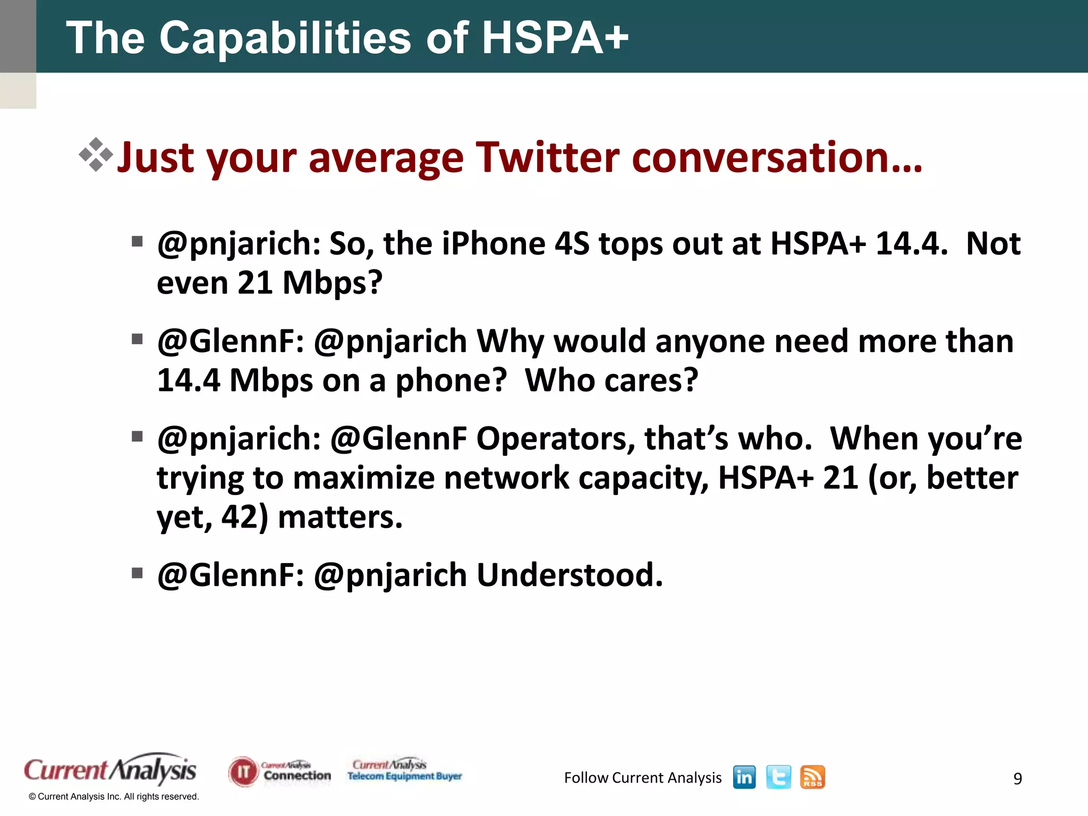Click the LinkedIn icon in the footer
click(x=744, y=777)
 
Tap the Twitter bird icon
click(x=778, y=777)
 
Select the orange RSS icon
click(x=812, y=777)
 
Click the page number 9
click(x=1017, y=778)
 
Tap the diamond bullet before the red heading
click(x=96, y=155)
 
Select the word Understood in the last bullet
click(x=569, y=575)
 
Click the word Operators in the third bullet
click(x=555, y=439)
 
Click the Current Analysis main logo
click(x=110, y=770)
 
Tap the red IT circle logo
click(x=243, y=771)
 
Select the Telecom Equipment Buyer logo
click(x=405, y=770)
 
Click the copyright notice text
click(x=114, y=796)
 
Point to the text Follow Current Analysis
click(x=642, y=778)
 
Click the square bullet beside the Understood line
click(x=138, y=573)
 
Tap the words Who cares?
click(x=611, y=380)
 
